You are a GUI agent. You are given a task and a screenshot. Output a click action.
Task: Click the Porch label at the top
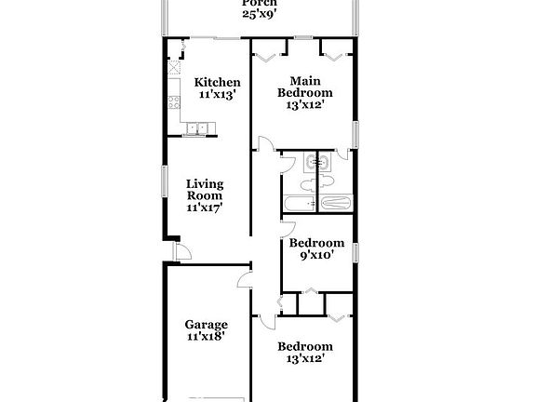pos(260,4)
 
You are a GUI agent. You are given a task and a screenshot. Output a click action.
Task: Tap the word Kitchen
pos(217,82)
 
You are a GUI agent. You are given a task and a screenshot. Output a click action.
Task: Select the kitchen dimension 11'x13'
pos(217,94)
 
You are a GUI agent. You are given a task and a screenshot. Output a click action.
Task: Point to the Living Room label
pos(205,190)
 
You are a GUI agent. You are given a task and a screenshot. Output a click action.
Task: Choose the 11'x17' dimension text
pos(205,208)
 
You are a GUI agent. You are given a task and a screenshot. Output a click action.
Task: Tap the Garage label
pos(205,325)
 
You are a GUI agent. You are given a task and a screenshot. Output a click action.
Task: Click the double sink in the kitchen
pos(196,127)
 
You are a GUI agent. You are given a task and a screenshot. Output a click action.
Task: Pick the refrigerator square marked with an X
pos(174,68)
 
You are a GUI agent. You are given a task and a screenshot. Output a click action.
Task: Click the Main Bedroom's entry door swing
pos(265,146)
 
